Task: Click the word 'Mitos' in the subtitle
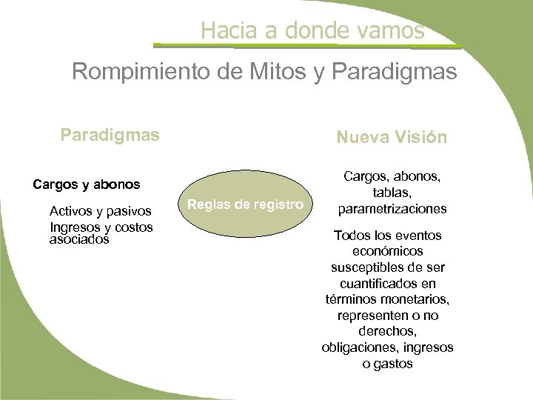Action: pyautogui.click(x=278, y=72)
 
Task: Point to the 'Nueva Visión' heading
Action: pyautogui.click(x=392, y=137)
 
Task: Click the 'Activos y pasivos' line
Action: pyautogui.click(x=101, y=213)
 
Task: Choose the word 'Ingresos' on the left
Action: pyautogui.click(x=72, y=226)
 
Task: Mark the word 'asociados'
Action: pyautogui.click(x=78, y=239)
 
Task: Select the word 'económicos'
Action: pyautogui.click(x=388, y=251)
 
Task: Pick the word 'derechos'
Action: pyautogui.click(x=388, y=331)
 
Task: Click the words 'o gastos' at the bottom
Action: pyautogui.click(x=388, y=364)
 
